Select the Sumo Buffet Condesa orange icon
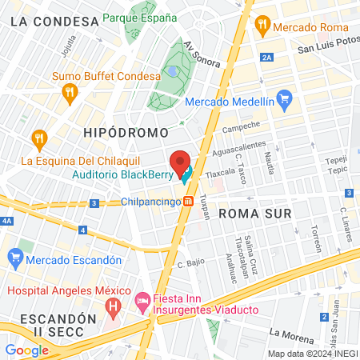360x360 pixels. (x=71, y=92)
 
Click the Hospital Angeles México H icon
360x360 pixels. (x=113, y=305)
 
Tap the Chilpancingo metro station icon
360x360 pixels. (x=188, y=202)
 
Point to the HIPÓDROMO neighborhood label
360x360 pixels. (x=126, y=131)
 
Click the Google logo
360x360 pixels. (x=26, y=350)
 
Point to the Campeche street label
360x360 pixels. (x=242, y=128)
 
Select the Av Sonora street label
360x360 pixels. (x=200, y=57)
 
